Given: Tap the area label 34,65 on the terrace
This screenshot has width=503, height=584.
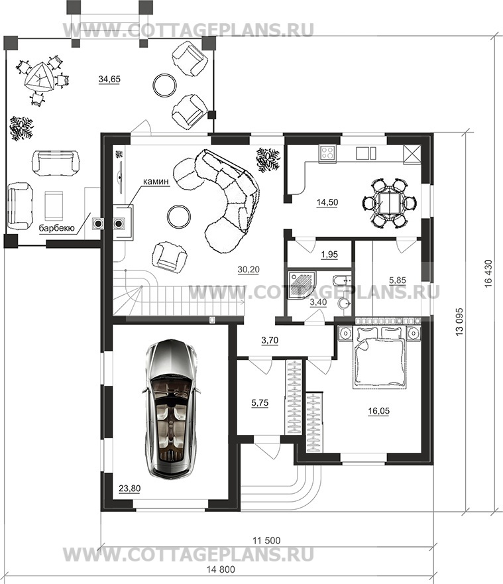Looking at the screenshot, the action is tap(109, 79).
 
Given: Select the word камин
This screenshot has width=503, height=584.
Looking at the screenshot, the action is tap(156, 182).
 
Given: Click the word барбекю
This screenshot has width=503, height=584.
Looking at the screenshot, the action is tap(57, 228).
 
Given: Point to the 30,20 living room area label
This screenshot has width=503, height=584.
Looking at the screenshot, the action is tap(249, 269).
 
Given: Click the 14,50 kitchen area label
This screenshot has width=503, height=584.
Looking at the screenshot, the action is tap(327, 202).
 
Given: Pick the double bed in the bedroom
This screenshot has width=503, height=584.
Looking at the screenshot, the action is tap(379, 357).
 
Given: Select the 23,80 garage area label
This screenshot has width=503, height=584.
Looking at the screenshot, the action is tap(130, 489).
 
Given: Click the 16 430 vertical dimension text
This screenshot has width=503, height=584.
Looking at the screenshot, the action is tap(488, 273).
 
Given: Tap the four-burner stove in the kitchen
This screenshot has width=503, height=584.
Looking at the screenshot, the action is tap(327, 152).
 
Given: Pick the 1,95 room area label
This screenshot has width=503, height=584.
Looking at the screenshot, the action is tap(329, 255).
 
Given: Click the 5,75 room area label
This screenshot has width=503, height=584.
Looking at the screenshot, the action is tap(260, 402).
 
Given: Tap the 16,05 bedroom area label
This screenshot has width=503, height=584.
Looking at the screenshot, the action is tap(378, 411).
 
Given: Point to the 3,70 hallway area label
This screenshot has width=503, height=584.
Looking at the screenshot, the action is tap(270, 340).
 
